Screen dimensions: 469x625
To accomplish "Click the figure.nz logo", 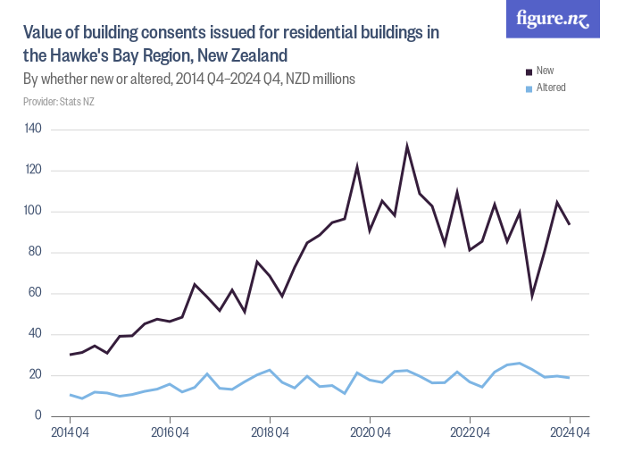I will pos(553,20).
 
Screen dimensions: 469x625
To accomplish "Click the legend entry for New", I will pos(545,70).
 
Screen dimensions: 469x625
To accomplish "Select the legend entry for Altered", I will pos(550,88).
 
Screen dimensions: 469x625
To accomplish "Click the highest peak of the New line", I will pos(407,145).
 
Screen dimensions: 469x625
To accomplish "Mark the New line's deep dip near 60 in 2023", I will pos(532,295).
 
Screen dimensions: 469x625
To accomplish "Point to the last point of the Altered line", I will pos(569,377).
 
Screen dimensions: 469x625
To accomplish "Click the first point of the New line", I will pos(70,355).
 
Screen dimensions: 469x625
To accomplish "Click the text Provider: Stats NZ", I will pos(58,102).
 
